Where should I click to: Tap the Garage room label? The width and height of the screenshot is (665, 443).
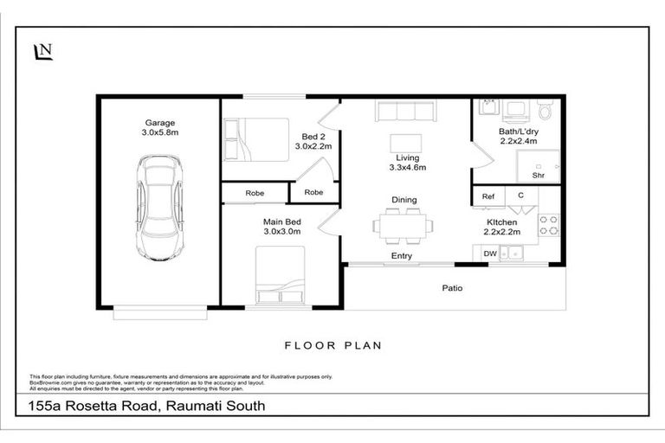click(160, 123)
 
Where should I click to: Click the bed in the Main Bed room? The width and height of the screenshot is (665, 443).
click(280, 275)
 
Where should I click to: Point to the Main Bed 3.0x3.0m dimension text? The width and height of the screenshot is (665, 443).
click(281, 231)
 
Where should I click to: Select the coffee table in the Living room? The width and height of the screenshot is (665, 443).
click(406, 142)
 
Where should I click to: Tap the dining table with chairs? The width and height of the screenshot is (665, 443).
click(404, 226)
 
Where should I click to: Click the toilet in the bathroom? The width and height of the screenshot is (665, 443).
click(545, 111)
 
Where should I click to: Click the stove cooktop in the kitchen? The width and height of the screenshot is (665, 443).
click(548, 226)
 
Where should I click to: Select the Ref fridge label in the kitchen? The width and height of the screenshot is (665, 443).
click(488, 197)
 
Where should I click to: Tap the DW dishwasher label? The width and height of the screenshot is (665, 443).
click(489, 254)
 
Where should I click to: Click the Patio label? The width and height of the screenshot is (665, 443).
click(452, 287)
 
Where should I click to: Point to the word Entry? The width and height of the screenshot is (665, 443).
click(402, 256)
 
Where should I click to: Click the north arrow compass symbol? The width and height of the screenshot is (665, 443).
click(42, 53)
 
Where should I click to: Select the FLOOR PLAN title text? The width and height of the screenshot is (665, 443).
click(333, 345)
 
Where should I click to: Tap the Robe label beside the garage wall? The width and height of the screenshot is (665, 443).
click(255, 193)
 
